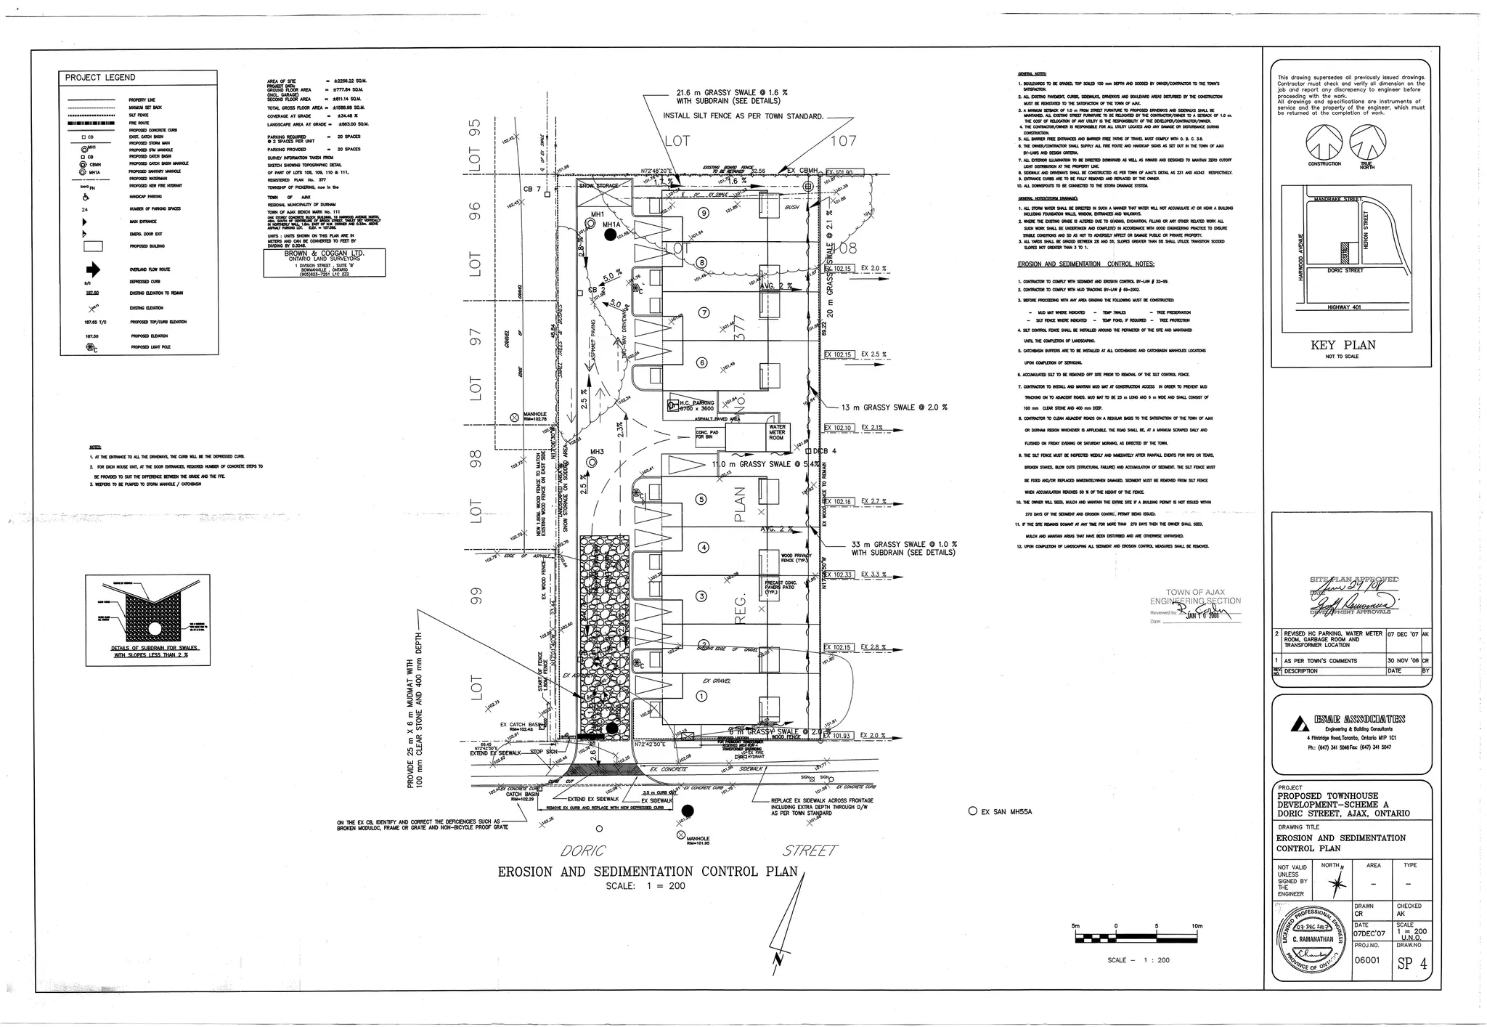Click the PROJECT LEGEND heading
99,78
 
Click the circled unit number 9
703,213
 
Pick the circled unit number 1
701,696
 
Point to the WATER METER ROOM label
777,433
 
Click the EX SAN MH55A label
1006,812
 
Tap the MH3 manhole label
597,452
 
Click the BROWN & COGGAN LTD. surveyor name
324,253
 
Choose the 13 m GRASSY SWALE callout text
894,407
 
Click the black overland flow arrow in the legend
94,269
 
